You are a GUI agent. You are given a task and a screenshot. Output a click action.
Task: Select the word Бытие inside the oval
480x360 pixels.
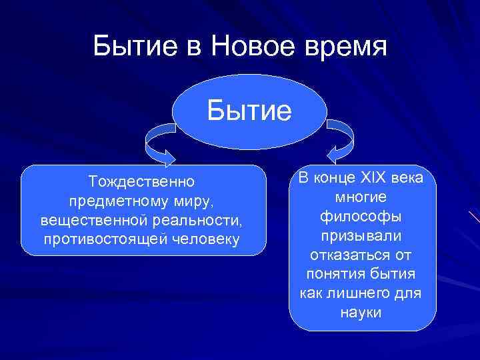pos(249,111)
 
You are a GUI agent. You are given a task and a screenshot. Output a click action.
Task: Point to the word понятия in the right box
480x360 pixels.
pos(332,274)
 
